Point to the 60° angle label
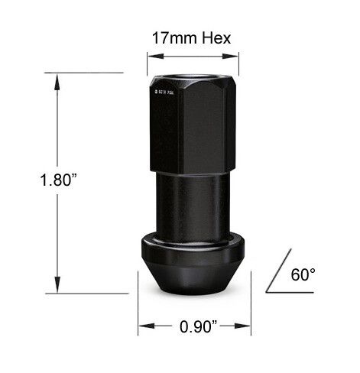pos(303,274)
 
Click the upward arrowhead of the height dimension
pos(57,77)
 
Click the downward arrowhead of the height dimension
pos(57,288)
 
